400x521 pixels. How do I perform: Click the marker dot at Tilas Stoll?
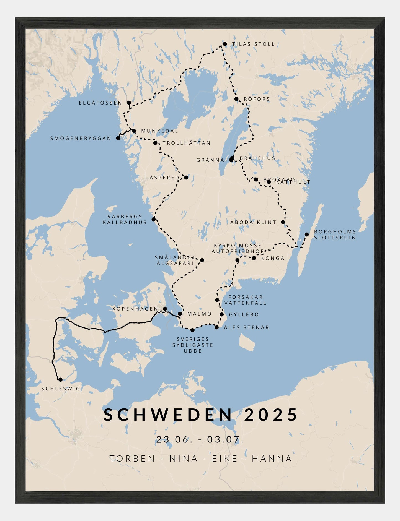pyautogui.click(x=225, y=44)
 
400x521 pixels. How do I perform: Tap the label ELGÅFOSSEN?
pyautogui.click(x=100, y=103)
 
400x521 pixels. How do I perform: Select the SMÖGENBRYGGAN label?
pyautogui.click(x=81, y=138)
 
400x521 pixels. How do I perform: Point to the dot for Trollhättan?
pyautogui.click(x=155, y=143)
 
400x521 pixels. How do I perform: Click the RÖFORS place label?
pyautogui.click(x=257, y=99)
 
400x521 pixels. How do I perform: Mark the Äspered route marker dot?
pyautogui.click(x=186, y=178)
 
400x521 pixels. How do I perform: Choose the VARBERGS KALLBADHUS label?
pyautogui.click(x=125, y=219)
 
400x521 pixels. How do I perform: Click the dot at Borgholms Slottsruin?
pyautogui.click(x=307, y=235)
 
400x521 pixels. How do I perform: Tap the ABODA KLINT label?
pyautogui.click(x=253, y=222)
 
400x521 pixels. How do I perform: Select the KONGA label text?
pyautogui.click(x=273, y=258)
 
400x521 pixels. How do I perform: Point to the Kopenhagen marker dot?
pyautogui.click(x=165, y=309)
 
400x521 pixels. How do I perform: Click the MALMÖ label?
pyautogui.click(x=200, y=314)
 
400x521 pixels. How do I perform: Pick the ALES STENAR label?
pyautogui.click(x=246, y=327)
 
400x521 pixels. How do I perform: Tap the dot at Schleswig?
pyautogui.click(x=60, y=380)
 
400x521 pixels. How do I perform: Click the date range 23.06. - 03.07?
pyautogui.click(x=200, y=439)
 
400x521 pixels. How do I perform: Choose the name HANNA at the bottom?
pyautogui.click(x=272, y=459)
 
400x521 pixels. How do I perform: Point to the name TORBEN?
pyautogui.click(x=132, y=459)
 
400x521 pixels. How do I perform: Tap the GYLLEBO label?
pyautogui.click(x=244, y=314)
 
